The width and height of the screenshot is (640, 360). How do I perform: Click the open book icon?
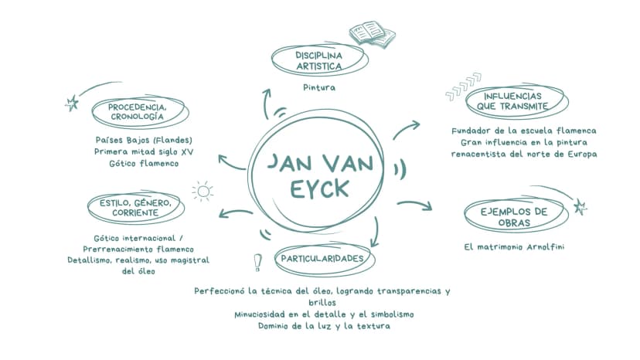[372, 34]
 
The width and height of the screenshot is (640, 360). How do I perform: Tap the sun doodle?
[203, 191]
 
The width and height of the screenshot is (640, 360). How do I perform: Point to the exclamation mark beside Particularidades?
[257, 263]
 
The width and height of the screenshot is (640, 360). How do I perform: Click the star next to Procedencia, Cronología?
[72, 103]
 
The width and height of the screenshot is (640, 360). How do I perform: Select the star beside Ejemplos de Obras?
[580, 206]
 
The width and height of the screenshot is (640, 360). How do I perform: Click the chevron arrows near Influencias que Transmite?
[464, 87]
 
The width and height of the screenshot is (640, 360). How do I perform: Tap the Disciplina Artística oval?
[319, 60]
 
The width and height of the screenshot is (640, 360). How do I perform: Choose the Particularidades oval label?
[325, 259]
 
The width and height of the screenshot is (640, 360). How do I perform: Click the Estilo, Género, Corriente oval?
[136, 207]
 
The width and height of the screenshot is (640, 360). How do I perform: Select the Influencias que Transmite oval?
[516, 101]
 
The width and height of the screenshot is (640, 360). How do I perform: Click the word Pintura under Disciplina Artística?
[319, 87]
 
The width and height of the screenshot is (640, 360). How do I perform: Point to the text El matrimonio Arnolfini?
[514, 247]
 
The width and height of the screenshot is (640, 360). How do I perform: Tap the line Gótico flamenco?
[144, 164]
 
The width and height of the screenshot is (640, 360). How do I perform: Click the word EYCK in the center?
[319, 189]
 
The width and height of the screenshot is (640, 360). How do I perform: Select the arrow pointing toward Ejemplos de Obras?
[415, 204]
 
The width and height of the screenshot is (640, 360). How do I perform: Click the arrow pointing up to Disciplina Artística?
[266, 104]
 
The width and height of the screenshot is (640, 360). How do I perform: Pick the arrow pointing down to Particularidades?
[376, 233]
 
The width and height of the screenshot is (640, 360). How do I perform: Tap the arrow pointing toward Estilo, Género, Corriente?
[236, 212]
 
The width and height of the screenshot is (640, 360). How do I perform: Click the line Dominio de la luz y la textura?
[324, 326]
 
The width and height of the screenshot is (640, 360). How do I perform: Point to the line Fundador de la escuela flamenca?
[524, 131]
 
